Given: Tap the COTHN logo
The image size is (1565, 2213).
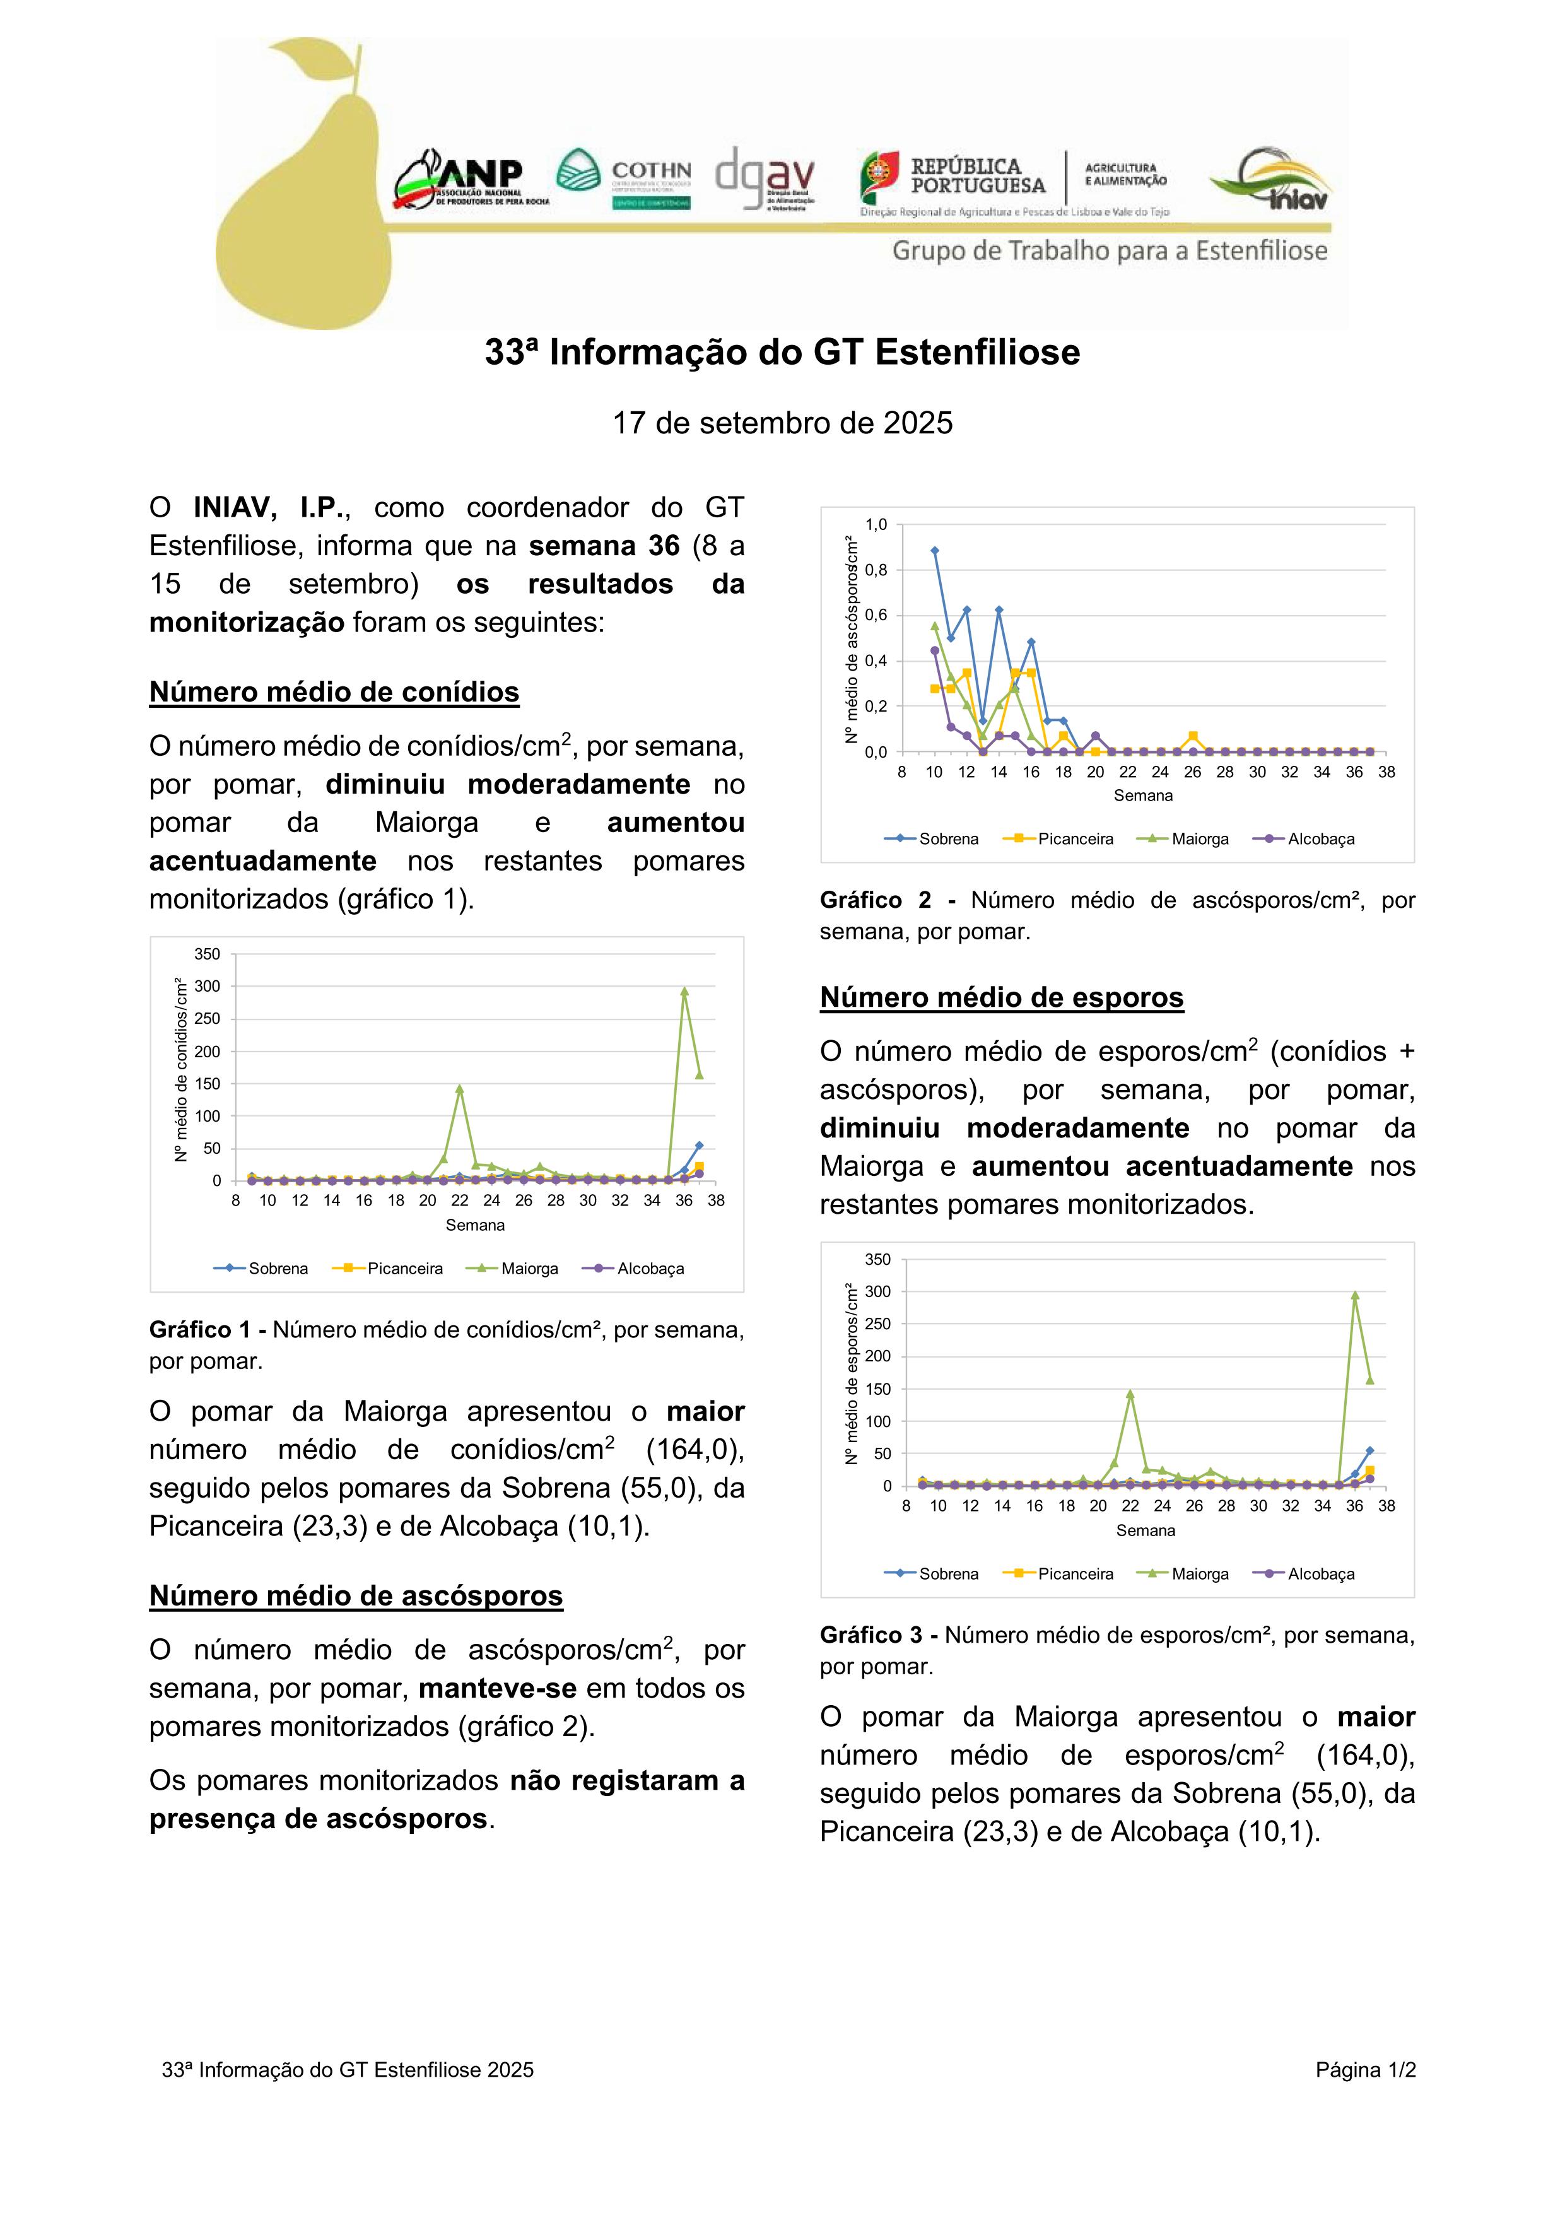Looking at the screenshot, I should tap(623, 179).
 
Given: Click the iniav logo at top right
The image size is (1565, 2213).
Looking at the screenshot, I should tap(1270, 180).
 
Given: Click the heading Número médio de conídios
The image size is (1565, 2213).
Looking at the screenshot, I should tap(334, 692).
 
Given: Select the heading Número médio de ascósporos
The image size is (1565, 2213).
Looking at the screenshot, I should tap(356, 1595).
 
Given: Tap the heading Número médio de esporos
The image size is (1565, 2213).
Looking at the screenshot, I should tap(1001, 997).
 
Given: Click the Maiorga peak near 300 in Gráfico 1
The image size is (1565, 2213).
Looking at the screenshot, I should tap(684, 992).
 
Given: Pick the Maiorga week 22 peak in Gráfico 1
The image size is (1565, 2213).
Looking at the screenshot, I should tap(460, 1089).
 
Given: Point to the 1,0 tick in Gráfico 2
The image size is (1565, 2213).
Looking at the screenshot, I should tap(876, 525).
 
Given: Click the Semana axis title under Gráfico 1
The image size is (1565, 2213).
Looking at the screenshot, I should tap(475, 1225).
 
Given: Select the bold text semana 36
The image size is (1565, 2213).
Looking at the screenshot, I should tap(604, 546).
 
